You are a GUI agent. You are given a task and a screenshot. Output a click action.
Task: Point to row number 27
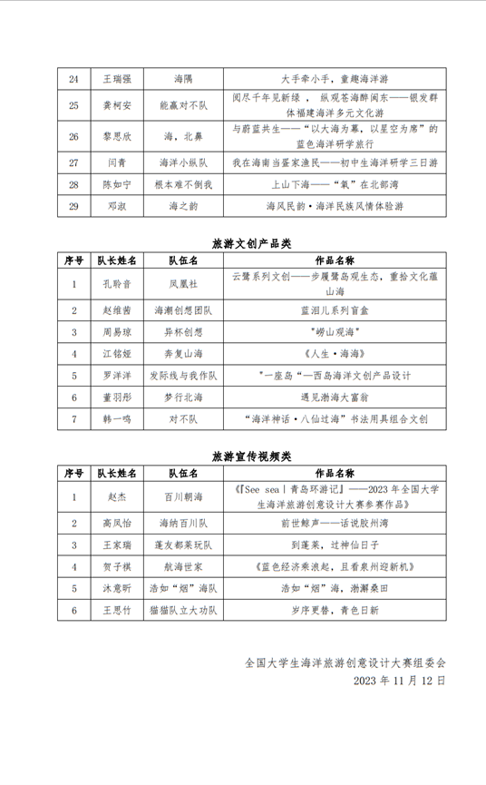(x=73, y=163)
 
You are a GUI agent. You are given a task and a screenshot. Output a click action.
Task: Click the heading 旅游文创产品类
(x=242, y=242)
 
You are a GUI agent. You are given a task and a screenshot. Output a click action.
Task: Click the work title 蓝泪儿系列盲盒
(x=323, y=310)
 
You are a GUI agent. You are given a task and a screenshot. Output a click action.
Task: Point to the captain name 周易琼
(x=116, y=331)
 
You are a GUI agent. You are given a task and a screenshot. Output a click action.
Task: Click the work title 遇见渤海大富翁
(x=323, y=397)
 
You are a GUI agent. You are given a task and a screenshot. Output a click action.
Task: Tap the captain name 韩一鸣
(x=116, y=419)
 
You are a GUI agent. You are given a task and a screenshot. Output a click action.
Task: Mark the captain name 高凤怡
(x=116, y=525)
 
